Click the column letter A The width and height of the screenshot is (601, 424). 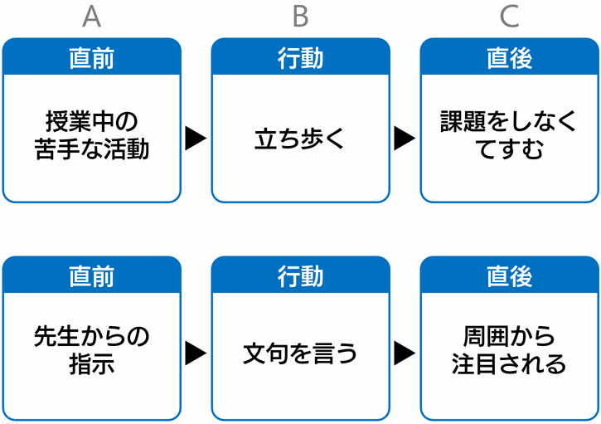tap(92, 17)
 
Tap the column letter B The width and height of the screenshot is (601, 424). tap(300, 17)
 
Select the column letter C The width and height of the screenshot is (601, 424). tap(509, 17)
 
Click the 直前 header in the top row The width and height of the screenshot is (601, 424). tap(92, 58)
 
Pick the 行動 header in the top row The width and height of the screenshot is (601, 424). tap(300, 58)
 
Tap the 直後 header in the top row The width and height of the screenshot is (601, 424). tap(509, 58)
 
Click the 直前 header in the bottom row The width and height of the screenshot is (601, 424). tap(92, 276)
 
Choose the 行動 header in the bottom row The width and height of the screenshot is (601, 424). tap(300, 276)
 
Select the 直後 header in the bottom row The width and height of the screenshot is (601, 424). tap(509, 276)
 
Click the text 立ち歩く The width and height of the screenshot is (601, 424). tap(300, 139)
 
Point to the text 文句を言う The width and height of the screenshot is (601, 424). tap(300, 353)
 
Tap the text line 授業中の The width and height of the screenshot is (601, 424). tap(92, 122)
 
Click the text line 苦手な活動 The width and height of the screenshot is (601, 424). tap(92, 149)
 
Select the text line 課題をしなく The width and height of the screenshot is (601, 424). tap(509, 122)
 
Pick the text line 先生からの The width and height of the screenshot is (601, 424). tap(92, 337)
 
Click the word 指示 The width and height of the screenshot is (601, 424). tap(92, 363)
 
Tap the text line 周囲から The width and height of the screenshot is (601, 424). tap(509, 337)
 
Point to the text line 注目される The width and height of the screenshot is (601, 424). tap(509, 363)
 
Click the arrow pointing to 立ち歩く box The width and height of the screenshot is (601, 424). tap(196, 138)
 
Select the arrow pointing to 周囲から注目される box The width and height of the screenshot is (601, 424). tap(405, 353)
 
